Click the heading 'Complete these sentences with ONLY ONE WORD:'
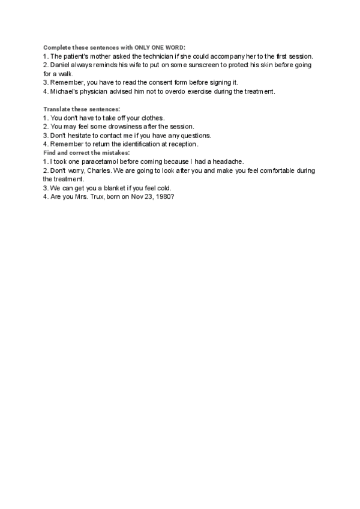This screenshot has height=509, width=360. pyautogui.click(x=114, y=47)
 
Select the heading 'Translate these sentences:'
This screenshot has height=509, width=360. pyautogui.click(x=81, y=109)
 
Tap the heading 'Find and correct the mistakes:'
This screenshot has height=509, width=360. pyautogui.click(x=86, y=153)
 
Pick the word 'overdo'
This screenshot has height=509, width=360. pyautogui.click(x=173, y=91)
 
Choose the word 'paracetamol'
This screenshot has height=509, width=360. pyautogui.click(x=101, y=162)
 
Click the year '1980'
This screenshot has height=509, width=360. pyautogui.click(x=164, y=197)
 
